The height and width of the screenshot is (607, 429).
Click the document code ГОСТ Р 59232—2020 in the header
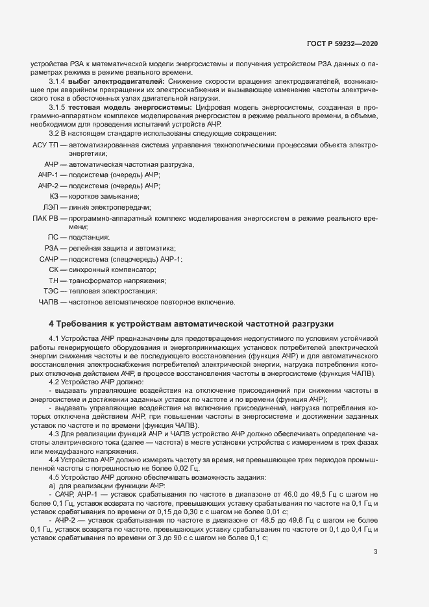342,43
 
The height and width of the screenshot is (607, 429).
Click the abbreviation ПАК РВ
44,217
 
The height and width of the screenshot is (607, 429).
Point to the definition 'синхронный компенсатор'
113,270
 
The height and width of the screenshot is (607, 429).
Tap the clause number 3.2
55,133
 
